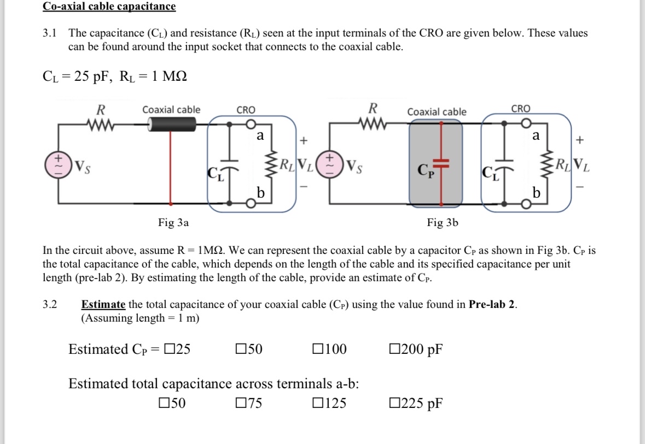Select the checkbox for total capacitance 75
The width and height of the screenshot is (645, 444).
(x=241, y=404)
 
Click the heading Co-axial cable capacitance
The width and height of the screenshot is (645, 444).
(x=109, y=7)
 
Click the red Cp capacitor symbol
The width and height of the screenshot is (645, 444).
(x=443, y=163)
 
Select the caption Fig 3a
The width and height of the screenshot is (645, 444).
(x=173, y=222)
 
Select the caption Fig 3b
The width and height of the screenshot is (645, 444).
(x=443, y=222)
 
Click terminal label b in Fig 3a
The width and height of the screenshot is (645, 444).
(x=261, y=193)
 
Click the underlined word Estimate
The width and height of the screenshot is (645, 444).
(x=103, y=305)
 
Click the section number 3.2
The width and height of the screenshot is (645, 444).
(x=50, y=305)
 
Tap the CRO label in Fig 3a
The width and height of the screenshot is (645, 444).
(x=246, y=110)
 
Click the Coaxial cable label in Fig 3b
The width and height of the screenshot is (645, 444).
(x=437, y=112)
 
